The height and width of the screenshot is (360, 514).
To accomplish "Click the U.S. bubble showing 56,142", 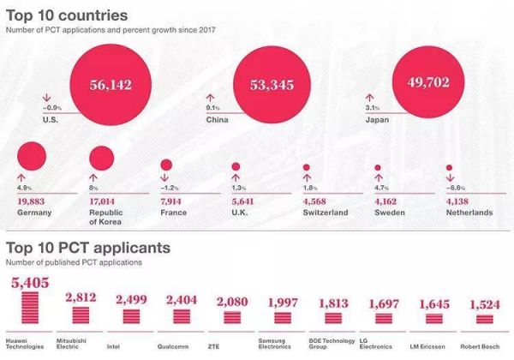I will coord(115,86).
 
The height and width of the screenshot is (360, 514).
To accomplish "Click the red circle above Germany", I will coord(32,155).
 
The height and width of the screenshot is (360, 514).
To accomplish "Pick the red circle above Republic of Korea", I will coord(102,159).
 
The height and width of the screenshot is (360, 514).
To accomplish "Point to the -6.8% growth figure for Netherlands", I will coord(456,187).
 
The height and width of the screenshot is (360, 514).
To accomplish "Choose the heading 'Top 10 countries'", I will coord(68,16).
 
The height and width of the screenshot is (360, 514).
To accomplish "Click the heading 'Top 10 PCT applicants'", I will coord(88,248).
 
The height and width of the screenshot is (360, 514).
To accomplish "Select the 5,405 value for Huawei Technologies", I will coord(32,282).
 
